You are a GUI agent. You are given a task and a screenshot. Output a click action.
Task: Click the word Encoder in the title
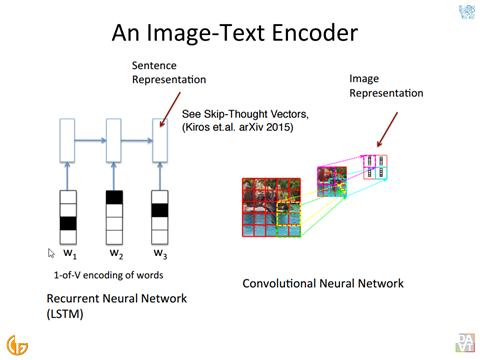coord(315,33)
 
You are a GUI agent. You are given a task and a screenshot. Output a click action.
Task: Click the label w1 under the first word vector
coord(70,254)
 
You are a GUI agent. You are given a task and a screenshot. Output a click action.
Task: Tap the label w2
coord(116,254)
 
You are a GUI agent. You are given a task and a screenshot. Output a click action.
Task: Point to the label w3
coord(160,254)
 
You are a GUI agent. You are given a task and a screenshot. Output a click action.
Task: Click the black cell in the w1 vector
coord(68,223)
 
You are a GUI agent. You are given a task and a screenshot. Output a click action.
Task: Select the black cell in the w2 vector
coord(114,197)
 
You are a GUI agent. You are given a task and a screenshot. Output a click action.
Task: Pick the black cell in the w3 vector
coord(160,210)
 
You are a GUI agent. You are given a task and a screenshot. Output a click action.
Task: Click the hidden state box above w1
coord(67,140)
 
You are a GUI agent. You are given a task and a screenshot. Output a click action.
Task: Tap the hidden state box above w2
coord(114,140)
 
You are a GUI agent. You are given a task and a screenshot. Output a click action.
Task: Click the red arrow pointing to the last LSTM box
coord(170,109)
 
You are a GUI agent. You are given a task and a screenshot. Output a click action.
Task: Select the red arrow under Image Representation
coord(387,129)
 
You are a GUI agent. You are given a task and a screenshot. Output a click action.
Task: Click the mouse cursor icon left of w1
coord(51,253)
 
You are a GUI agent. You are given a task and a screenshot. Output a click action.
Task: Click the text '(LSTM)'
coord(65,314)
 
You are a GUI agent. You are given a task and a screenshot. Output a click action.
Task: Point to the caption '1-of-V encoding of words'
coord(109,275)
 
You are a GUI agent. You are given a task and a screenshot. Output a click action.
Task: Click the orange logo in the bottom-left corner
coord(17,345)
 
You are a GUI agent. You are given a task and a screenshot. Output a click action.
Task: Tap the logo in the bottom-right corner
coord(465,343)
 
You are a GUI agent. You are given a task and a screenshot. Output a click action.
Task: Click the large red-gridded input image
coord(271,208)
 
